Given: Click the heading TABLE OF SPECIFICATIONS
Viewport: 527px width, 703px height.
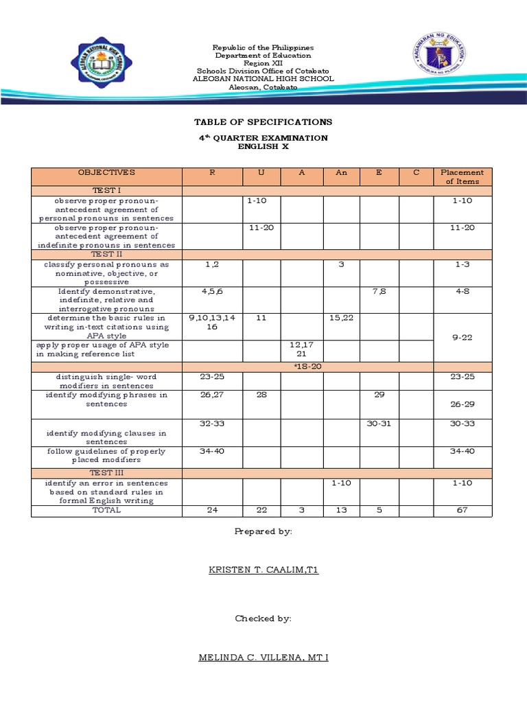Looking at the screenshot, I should pyautogui.click(x=263, y=122).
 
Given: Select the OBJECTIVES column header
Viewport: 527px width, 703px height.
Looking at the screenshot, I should pyautogui.click(x=106, y=173).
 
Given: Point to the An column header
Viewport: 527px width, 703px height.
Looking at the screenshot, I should pyautogui.click(x=341, y=173).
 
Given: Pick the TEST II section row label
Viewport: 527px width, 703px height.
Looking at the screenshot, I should pyautogui.click(x=106, y=255).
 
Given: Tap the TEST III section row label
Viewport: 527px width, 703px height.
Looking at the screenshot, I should pyautogui.click(x=106, y=474).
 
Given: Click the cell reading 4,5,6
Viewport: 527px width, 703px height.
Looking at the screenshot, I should pyautogui.click(x=212, y=291).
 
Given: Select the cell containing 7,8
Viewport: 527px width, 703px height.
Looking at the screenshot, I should pyautogui.click(x=379, y=291).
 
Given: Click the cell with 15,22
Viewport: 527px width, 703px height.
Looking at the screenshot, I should pyautogui.click(x=341, y=318).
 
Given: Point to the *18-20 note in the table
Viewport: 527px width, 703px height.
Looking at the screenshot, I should pyautogui.click(x=303, y=367).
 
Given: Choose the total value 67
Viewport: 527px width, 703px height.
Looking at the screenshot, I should pyautogui.click(x=462, y=510).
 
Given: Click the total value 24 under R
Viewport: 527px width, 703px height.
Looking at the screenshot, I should pyautogui.click(x=212, y=510).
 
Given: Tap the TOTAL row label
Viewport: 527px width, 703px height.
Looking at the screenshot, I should pyautogui.click(x=106, y=510).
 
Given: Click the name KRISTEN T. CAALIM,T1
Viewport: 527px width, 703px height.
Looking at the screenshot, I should pyautogui.click(x=263, y=569).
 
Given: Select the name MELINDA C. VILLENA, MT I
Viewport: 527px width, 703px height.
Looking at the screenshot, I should pyautogui.click(x=263, y=658).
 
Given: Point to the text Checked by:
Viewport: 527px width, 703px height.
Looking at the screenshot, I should pyautogui.click(x=263, y=619).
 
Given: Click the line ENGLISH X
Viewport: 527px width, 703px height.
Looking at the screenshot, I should pyautogui.click(x=263, y=147).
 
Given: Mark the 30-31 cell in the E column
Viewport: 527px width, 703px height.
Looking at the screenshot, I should pyautogui.click(x=379, y=424).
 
